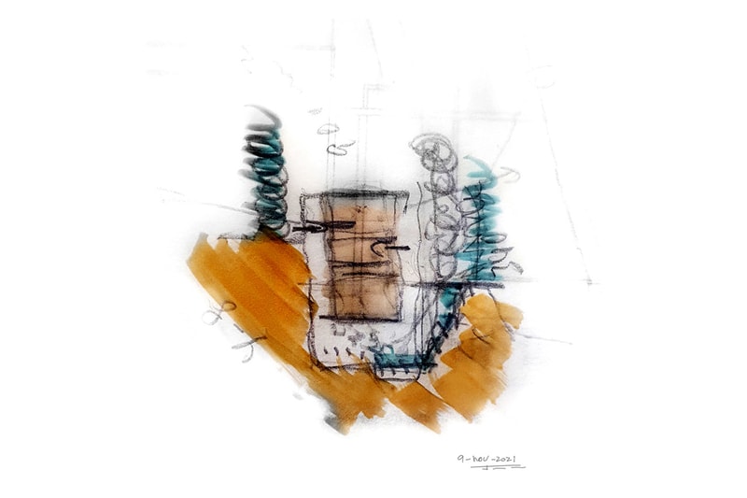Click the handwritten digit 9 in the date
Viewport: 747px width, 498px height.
point(461,459)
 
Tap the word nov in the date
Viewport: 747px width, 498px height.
point(479,460)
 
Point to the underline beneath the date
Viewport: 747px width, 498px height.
point(498,467)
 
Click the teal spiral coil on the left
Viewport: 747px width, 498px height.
point(265,172)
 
